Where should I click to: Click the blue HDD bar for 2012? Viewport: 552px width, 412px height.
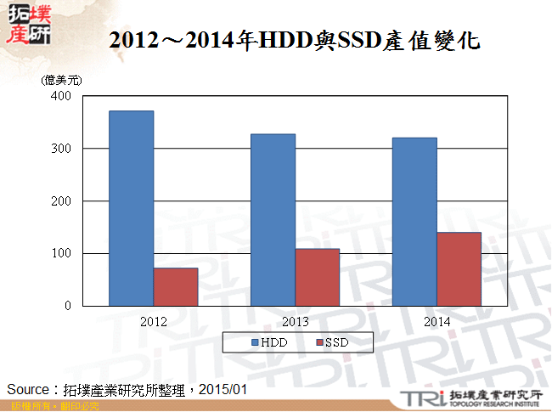pos(132,208)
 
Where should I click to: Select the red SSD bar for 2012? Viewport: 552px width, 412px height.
pos(176,287)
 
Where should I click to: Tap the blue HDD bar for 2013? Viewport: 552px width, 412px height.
pos(273,220)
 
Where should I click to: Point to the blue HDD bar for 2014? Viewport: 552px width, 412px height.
pos(414,222)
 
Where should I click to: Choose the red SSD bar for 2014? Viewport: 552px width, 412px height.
pos(459,269)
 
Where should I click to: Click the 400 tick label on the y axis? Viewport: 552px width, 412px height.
pos(60,96)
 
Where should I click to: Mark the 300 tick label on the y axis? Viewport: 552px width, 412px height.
pos(60,149)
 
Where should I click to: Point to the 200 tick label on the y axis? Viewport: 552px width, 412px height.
pos(60,201)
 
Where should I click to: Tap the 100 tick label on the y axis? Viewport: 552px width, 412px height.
pos(60,254)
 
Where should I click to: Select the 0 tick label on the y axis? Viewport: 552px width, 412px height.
pos(67,307)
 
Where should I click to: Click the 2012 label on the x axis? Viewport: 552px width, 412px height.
pos(154,322)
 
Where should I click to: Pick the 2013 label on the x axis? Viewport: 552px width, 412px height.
pos(296,322)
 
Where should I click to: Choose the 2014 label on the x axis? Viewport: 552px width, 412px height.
pos(437,322)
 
